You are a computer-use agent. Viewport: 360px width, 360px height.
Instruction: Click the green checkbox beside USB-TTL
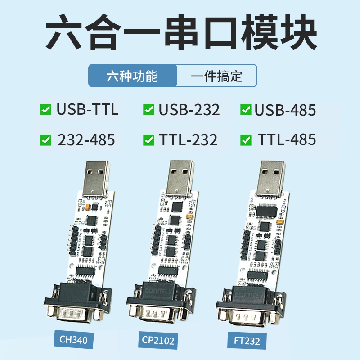click(x=45, y=110)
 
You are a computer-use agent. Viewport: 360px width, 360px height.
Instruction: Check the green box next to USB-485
click(x=246, y=110)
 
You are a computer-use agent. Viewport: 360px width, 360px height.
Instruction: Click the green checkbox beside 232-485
click(x=45, y=140)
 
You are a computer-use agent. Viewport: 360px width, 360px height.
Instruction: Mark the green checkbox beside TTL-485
click(x=246, y=140)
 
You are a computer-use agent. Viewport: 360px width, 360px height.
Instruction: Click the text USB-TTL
click(x=88, y=110)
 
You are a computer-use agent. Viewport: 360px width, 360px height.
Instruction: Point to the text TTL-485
click(x=287, y=140)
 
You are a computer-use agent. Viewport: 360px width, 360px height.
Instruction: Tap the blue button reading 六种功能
click(x=132, y=76)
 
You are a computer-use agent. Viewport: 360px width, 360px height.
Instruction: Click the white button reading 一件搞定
click(x=216, y=76)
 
